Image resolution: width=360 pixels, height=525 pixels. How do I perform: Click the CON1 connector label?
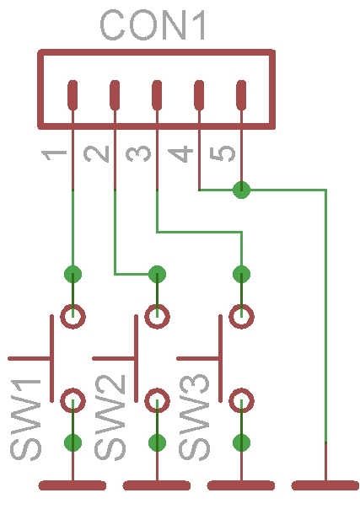coord(153,24)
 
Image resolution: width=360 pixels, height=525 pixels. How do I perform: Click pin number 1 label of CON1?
coord(54,156)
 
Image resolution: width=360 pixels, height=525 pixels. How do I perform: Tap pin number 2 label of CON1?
coord(96,154)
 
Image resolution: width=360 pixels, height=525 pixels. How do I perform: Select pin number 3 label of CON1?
coord(138,153)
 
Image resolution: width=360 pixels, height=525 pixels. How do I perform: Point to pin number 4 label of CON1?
coord(180,154)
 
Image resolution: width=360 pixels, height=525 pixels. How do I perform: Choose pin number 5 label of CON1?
coord(223,153)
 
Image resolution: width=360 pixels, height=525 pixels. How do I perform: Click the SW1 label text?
coord(25,420)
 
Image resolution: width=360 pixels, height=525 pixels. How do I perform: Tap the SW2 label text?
coord(110,417)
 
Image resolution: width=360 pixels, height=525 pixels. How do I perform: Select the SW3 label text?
coord(194,417)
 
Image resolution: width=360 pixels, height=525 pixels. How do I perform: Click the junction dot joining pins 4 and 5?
coord(241,190)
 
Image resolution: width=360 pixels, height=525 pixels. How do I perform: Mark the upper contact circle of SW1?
coord(73,316)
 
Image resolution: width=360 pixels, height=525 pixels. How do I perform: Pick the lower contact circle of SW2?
coord(157,400)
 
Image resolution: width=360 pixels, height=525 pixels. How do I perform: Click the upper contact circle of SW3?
coord(241,316)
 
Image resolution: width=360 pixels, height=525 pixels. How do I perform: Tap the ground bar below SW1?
coord(73,485)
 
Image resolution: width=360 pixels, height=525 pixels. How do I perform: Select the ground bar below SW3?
coord(241,485)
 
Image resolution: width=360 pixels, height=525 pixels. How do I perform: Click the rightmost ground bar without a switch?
coord(325,485)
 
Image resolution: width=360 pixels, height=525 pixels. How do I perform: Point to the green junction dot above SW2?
coord(157,274)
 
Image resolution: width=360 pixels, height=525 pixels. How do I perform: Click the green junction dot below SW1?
coord(73,442)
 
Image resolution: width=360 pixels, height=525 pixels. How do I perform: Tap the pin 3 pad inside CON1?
coord(157,95)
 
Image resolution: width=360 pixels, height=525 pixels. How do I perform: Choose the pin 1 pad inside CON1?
coord(73,95)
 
